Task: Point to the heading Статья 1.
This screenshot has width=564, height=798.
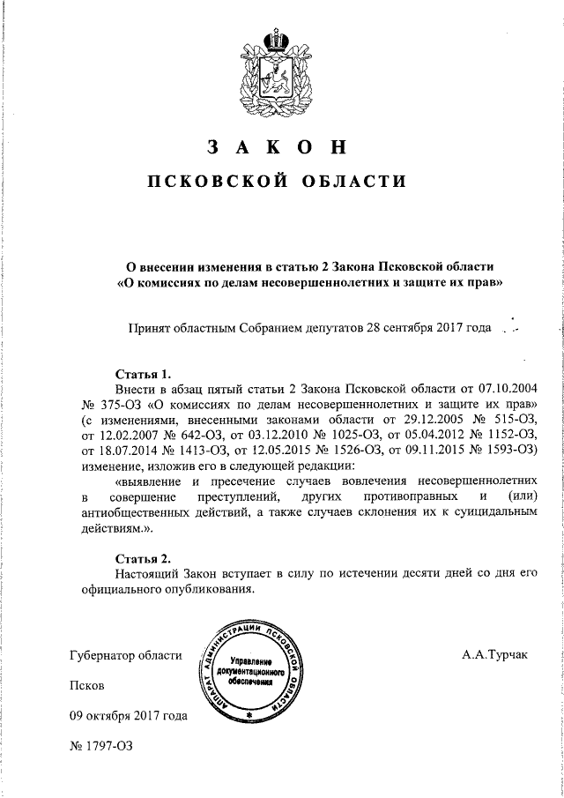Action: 143,373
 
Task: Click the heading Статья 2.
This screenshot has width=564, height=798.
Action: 143,558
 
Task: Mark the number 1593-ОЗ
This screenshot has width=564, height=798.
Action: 512,451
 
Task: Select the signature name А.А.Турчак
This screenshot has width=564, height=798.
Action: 498,655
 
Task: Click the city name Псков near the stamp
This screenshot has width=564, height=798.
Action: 86,685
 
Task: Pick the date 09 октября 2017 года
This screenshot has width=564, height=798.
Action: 129,716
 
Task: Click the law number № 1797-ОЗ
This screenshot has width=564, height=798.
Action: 100,746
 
